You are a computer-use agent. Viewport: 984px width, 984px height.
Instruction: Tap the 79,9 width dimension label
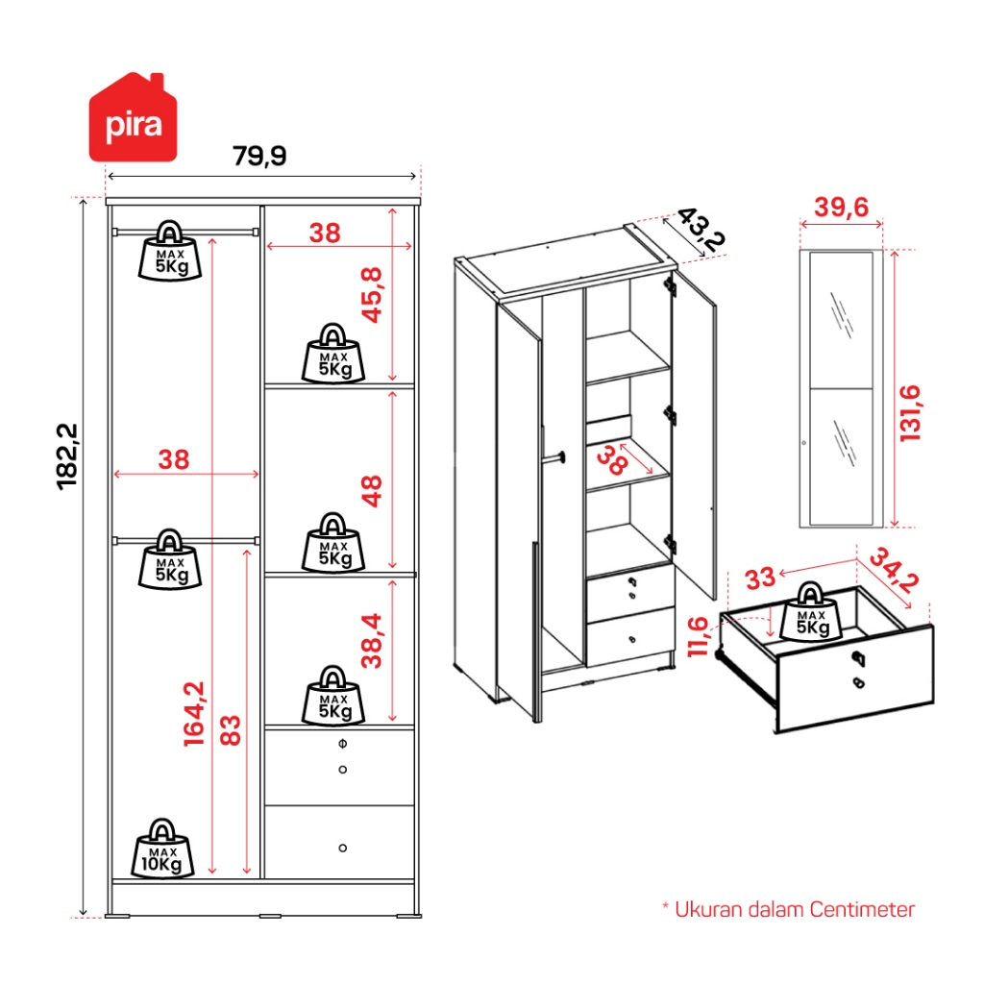point(259,155)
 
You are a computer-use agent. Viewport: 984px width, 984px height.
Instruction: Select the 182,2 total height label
point(68,455)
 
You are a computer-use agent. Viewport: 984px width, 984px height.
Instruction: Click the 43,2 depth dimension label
point(699,231)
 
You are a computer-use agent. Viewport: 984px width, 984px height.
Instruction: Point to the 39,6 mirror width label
point(841,207)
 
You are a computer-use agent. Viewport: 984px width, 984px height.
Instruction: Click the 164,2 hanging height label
point(194,713)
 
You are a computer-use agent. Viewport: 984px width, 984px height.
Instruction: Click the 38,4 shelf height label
point(373,640)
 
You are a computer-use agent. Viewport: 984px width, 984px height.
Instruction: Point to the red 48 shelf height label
point(373,490)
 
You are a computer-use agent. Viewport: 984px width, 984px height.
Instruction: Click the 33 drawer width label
point(759,578)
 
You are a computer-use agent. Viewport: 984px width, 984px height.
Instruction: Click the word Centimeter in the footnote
point(862,909)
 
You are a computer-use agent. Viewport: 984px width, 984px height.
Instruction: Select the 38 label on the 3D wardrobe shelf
point(612,462)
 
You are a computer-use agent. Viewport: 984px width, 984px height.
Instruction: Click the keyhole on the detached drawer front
point(858,658)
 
